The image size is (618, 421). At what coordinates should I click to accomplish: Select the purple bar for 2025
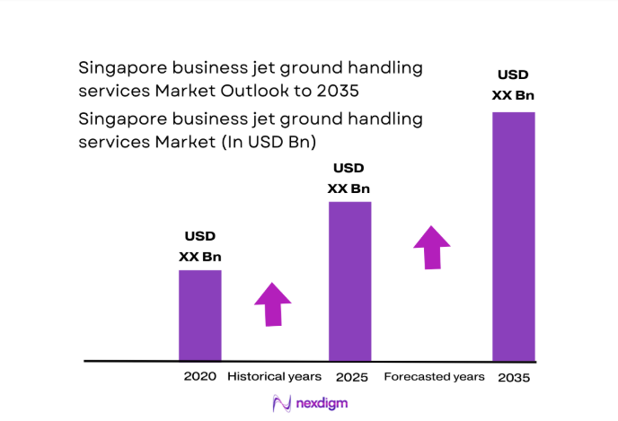(349, 280)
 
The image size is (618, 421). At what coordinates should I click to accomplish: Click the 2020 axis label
(199, 376)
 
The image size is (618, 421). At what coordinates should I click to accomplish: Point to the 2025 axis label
(351, 377)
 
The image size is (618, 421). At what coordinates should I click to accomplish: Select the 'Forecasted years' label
(434, 376)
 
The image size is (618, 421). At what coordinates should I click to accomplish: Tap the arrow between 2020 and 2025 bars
(272, 304)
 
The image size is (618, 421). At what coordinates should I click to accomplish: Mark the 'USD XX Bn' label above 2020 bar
(200, 247)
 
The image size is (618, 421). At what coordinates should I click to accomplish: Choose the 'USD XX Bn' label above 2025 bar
(349, 178)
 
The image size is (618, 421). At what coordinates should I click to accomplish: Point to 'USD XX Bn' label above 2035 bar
(514, 85)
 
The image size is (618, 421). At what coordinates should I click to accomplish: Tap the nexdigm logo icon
(283, 404)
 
